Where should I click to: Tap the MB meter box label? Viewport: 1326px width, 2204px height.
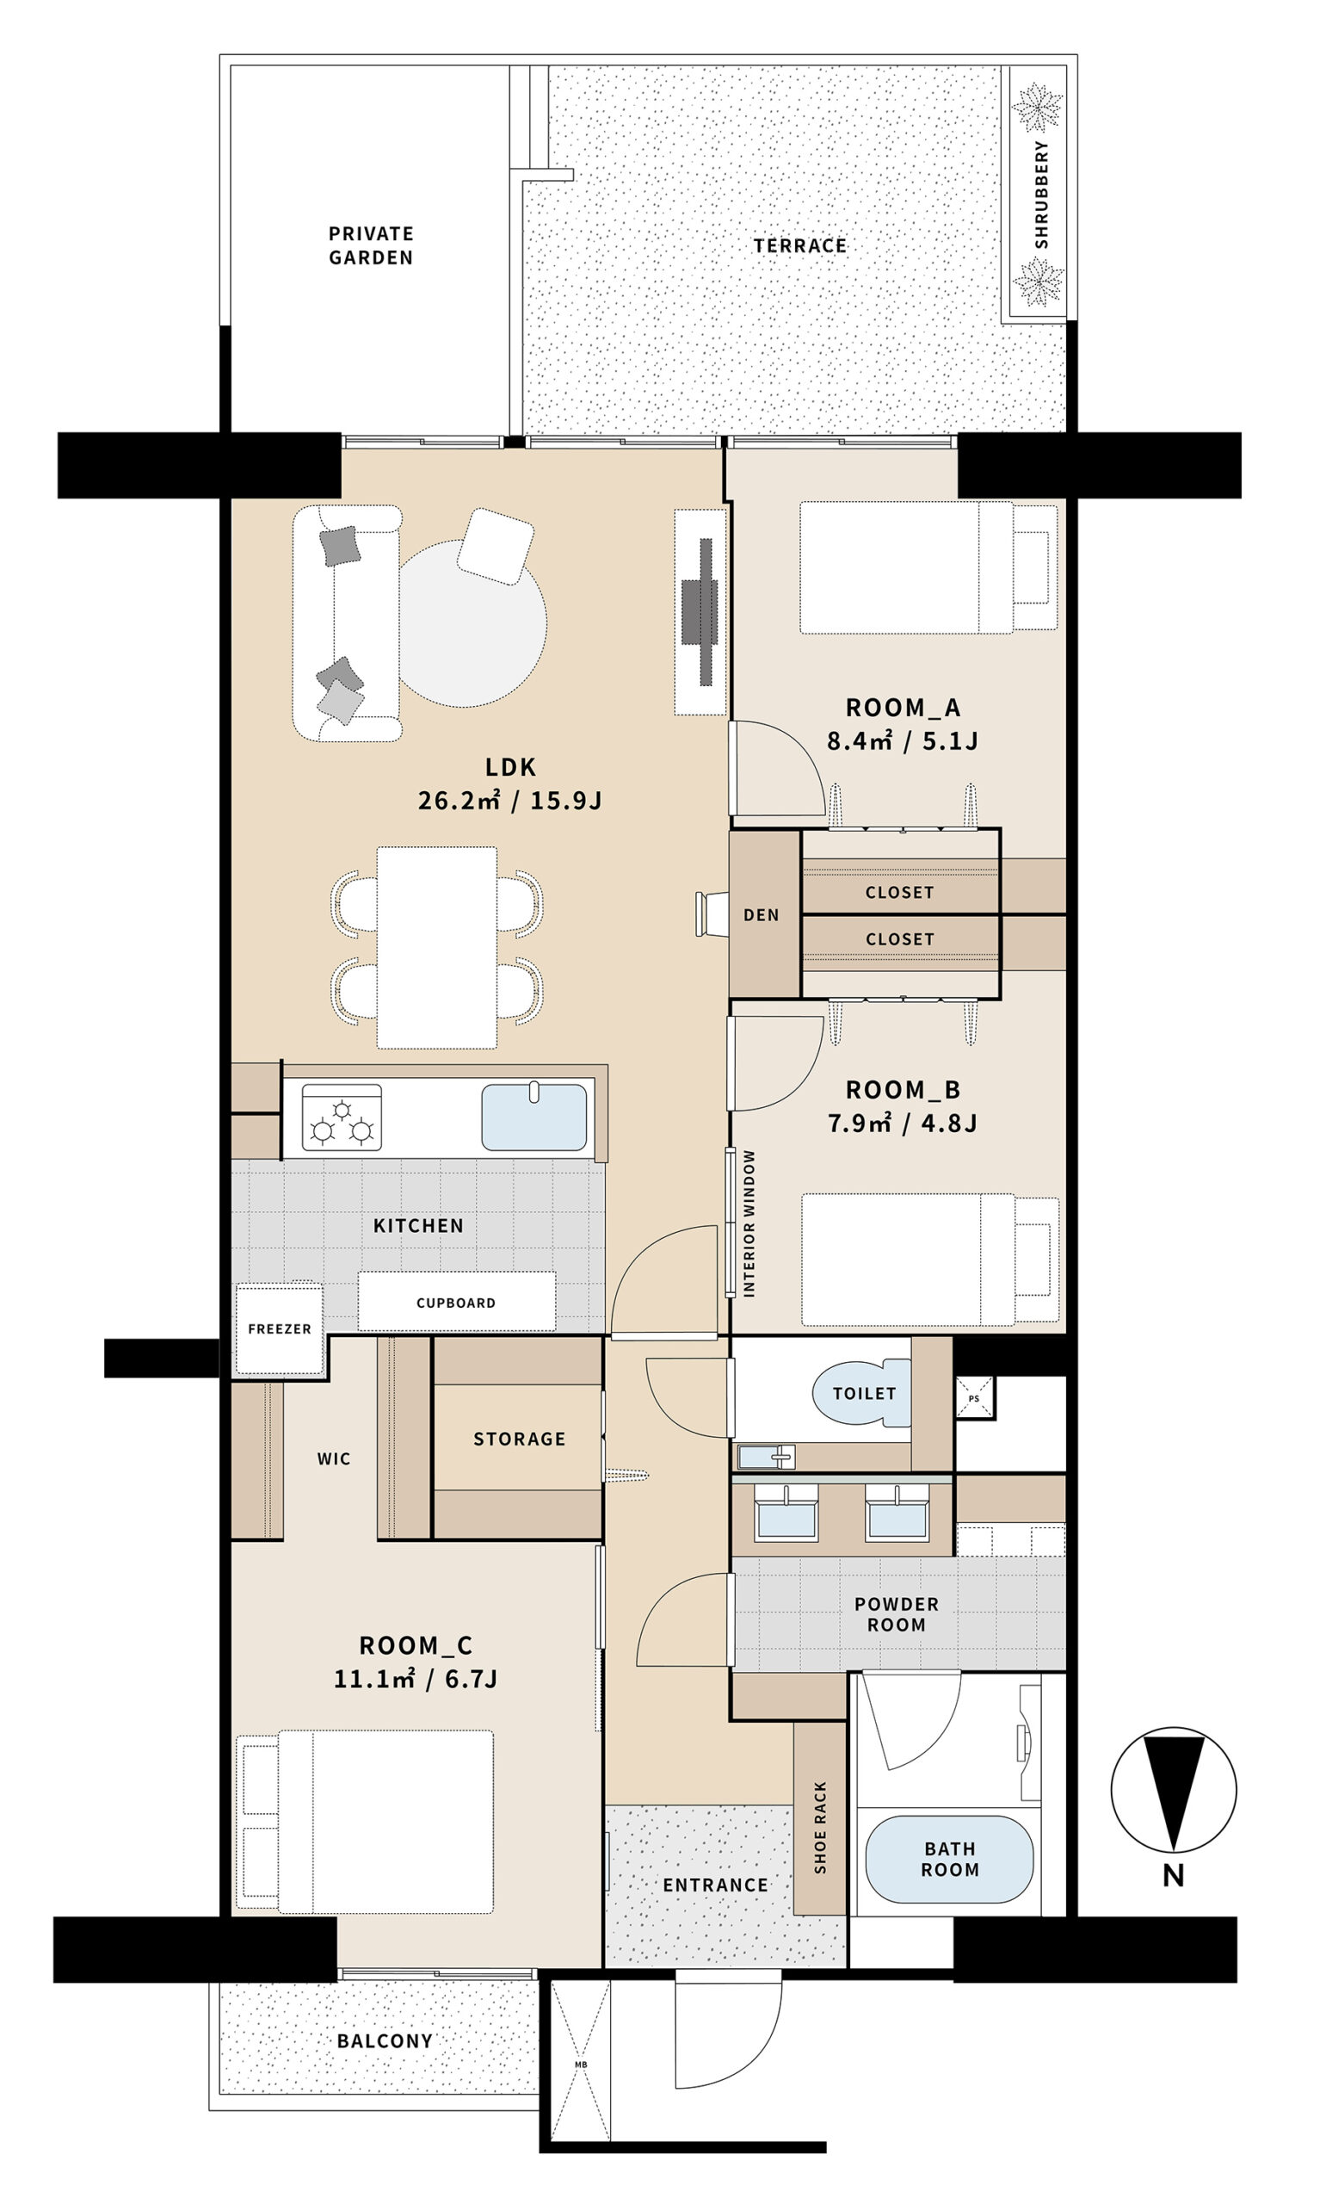pyautogui.click(x=581, y=2065)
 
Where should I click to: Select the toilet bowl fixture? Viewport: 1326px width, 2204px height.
pyautogui.click(x=861, y=1393)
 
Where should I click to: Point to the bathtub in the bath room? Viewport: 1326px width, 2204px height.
pyautogui.click(x=949, y=1859)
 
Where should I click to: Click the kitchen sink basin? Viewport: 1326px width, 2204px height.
pyautogui.click(x=534, y=1117)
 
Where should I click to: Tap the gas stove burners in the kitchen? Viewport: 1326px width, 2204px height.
pyautogui.click(x=342, y=1117)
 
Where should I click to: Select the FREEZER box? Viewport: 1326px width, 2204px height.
pyautogui.click(x=280, y=1329)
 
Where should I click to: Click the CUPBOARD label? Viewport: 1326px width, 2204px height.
pyautogui.click(x=456, y=1303)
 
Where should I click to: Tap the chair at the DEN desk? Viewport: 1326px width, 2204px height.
pyautogui.click(x=712, y=914)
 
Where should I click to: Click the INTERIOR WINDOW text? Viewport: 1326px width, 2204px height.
pyautogui.click(x=749, y=1223)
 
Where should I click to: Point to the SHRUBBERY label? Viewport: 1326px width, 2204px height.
pyautogui.click(x=1041, y=194)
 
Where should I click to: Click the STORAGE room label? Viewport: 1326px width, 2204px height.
pyautogui.click(x=519, y=1439)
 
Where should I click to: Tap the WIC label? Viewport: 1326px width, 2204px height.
pyautogui.click(x=333, y=1458)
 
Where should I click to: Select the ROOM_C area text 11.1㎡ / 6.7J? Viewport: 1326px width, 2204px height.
pyautogui.click(x=416, y=1679)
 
